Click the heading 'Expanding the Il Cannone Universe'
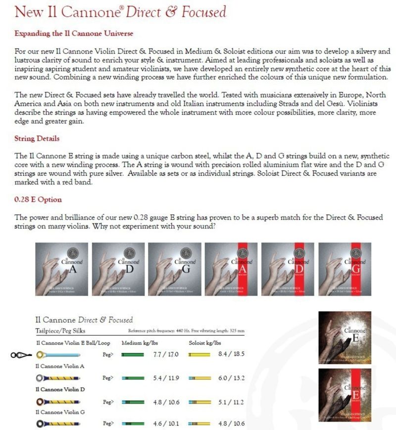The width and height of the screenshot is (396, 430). [74, 34]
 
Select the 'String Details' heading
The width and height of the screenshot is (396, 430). [37, 138]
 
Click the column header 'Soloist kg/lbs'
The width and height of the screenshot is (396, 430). [205, 343]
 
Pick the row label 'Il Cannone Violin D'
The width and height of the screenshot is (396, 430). [60, 389]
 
